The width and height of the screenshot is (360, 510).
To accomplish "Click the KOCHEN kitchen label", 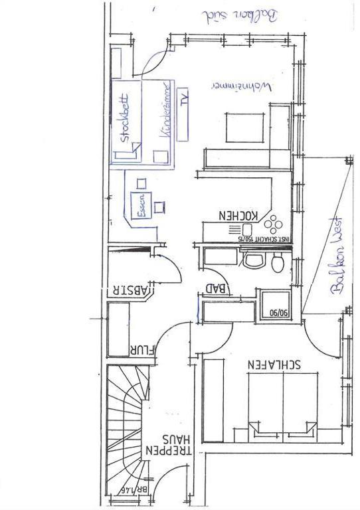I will [238, 215].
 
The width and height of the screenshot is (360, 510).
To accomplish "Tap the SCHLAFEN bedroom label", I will [274, 364].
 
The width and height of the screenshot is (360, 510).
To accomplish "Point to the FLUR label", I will [142, 349].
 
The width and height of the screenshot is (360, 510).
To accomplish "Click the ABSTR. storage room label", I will [132, 290].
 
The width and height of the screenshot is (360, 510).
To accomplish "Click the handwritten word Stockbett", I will [125, 119].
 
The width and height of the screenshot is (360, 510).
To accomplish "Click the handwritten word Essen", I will [141, 205].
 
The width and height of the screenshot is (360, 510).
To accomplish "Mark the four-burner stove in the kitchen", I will [275, 223].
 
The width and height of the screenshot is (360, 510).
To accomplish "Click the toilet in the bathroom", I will [278, 264].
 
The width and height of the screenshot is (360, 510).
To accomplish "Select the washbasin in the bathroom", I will [253, 260].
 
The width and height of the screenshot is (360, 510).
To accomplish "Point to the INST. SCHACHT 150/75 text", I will [263, 237].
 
